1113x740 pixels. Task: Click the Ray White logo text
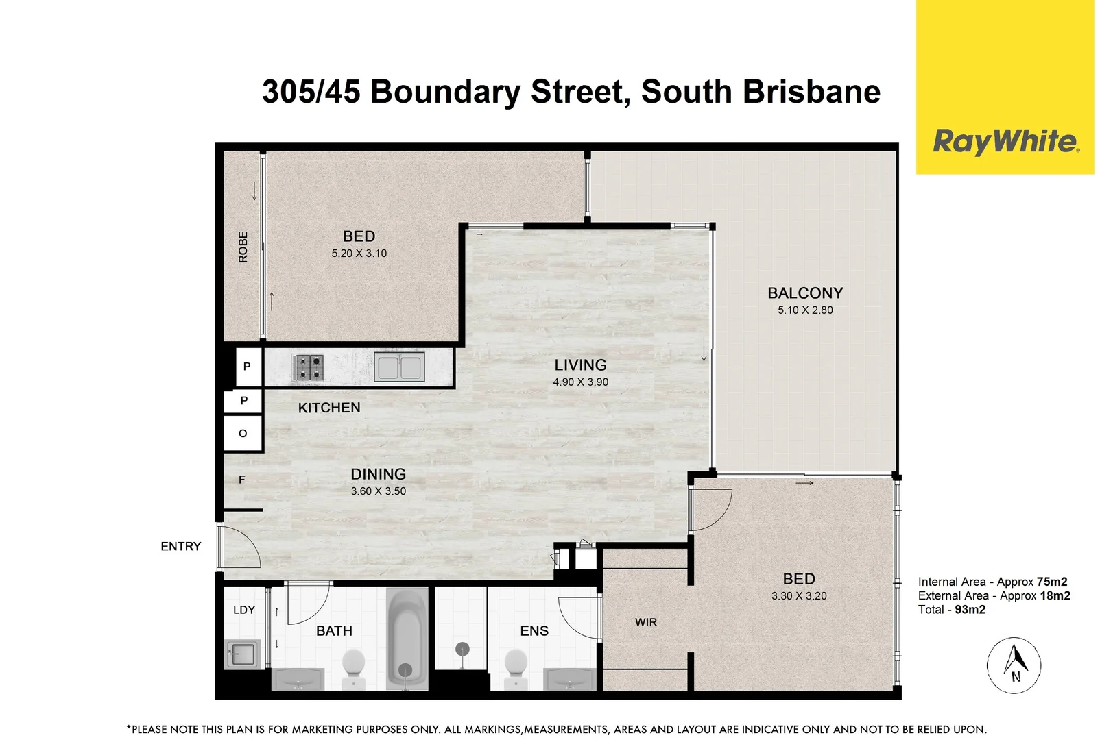coord(1005,143)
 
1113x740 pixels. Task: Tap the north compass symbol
coord(1014,665)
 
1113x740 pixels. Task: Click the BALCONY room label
coord(805,293)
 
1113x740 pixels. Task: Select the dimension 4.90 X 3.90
coord(580,382)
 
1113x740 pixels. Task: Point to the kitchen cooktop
coord(307,368)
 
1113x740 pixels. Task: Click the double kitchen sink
coord(399,367)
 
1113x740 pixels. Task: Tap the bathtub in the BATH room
coord(407,639)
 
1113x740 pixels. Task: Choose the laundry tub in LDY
coord(242,654)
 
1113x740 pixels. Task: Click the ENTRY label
coord(181,547)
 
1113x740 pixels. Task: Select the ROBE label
coord(243,247)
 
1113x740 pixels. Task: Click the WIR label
coord(645,622)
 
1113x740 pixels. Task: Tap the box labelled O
coord(243,433)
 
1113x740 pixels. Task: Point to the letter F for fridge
coord(241,480)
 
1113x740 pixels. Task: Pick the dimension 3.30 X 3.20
coord(799,596)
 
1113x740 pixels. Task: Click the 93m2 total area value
coord(970,609)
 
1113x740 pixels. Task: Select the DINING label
coord(378,474)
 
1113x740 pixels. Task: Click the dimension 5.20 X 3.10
coord(359,254)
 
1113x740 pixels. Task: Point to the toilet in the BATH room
coord(354,667)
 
